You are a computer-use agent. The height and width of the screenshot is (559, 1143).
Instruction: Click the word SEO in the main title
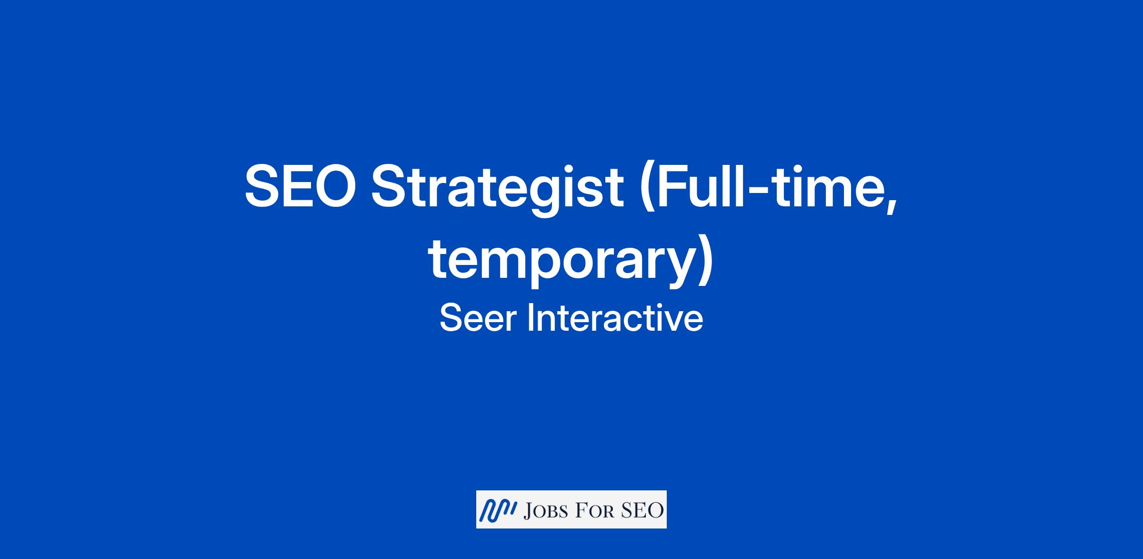[300, 185]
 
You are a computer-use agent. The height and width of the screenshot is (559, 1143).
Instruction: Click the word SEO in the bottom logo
[642, 511]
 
